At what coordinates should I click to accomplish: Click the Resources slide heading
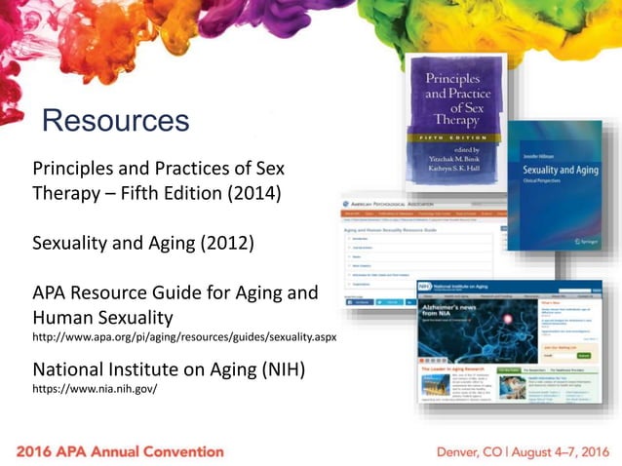pyautogui.click(x=115, y=121)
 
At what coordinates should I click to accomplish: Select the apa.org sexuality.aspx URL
pyautogui.click(x=185, y=337)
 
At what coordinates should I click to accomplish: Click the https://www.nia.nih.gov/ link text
pyautogui.click(x=95, y=388)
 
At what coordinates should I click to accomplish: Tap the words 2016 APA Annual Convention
pyautogui.click(x=120, y=451)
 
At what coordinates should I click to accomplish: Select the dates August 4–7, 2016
pyautogui.click(x=557, y=451)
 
